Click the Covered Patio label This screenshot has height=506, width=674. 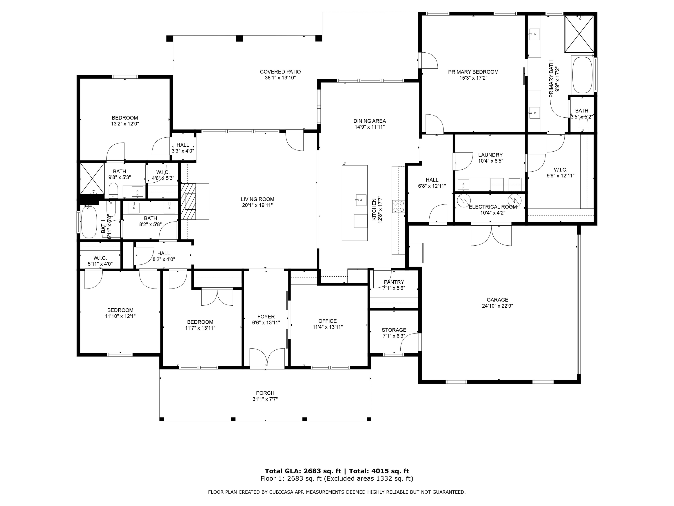pos(280,72)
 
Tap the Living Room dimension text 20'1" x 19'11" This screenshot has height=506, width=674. pos(257,205)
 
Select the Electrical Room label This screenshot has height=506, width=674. pos(492,207)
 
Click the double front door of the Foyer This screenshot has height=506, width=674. pos(267,357)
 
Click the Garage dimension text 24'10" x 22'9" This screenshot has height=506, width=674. pos(497,306)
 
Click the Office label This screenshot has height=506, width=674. pos(327,321)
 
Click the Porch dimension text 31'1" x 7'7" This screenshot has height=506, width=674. pos(265,399)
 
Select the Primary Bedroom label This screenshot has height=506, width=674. pos(473,72)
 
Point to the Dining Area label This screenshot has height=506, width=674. pos(369,121)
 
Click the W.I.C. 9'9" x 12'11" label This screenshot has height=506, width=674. pos(560,170)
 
